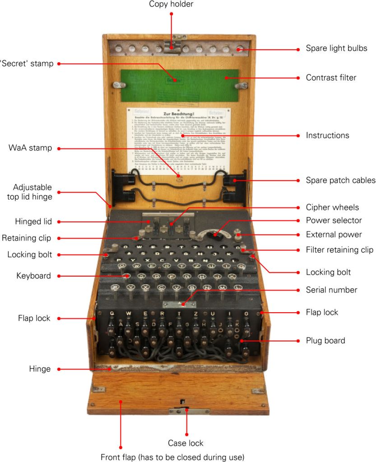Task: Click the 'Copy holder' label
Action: [x=171, y=5]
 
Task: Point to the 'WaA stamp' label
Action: [x=30, y=148]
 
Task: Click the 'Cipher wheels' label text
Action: [x=332, y=208]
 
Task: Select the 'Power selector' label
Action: [x=334, y=221]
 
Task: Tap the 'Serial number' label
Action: [x=331, y=290]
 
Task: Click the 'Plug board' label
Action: [x=325, y=341]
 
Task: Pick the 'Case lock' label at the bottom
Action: [x=186, y=443]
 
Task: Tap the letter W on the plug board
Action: [x=128, y=313]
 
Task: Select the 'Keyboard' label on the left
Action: [x=33, y=276]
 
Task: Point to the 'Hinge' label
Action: [x=39, y=369]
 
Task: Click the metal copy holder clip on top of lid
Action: [x=172, y=45]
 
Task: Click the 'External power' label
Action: [x=334, y=235]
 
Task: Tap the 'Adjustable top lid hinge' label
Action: [x=32, y=192]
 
